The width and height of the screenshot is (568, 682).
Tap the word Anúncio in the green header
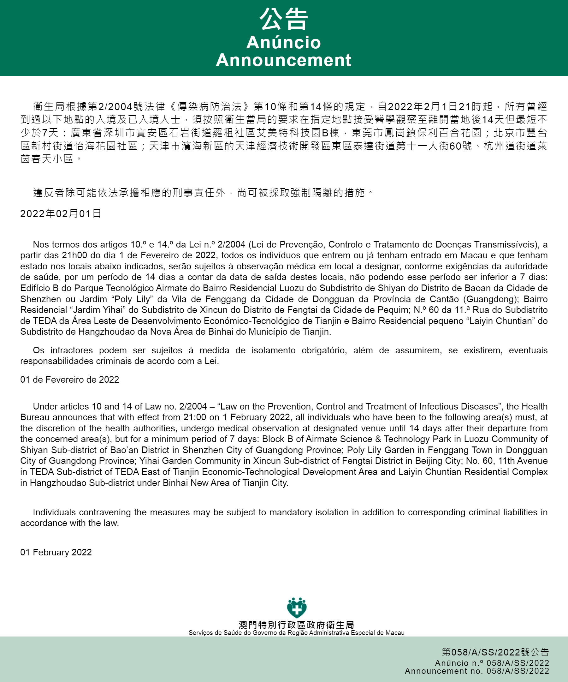pos(283,42)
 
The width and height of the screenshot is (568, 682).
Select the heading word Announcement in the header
pos(283,60)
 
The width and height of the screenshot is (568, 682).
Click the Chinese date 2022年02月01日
pos(61,214)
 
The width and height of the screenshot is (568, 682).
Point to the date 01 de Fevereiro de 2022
pos(69,379)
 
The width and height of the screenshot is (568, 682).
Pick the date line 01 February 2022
pos(56,552)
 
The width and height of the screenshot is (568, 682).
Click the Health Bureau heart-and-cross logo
pos(296,607)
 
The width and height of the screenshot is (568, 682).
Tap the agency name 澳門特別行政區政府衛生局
pos(296,625)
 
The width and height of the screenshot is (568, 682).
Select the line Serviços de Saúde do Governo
pos(296,633)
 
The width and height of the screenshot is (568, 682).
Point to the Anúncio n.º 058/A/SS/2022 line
pos(492,663)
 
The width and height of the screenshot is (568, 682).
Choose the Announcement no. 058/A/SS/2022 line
pos(477,671)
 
